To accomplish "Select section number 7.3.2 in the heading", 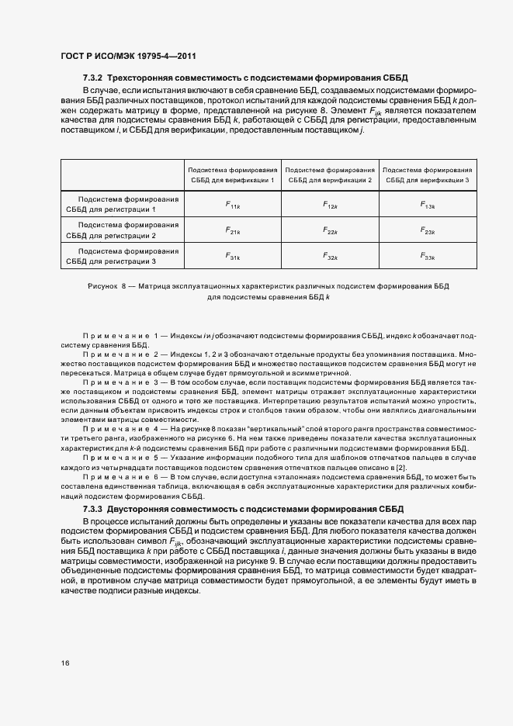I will tap(93, 78).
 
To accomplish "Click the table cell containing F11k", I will tap(232, 205).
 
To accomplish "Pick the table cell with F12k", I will tap(330, 205).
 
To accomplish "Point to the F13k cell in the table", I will tap(428, 205).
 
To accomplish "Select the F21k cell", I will tap(232, 230).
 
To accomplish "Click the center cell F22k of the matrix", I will tap(330, 230).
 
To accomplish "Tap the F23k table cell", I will tap(428, 230).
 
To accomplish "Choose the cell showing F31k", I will tap(232, 256).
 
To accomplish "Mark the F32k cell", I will tap(330, 256).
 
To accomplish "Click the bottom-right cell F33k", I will tap(428, 256).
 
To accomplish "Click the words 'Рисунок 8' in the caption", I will tap(111, 286).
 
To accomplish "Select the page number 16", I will tap(64, 663).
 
